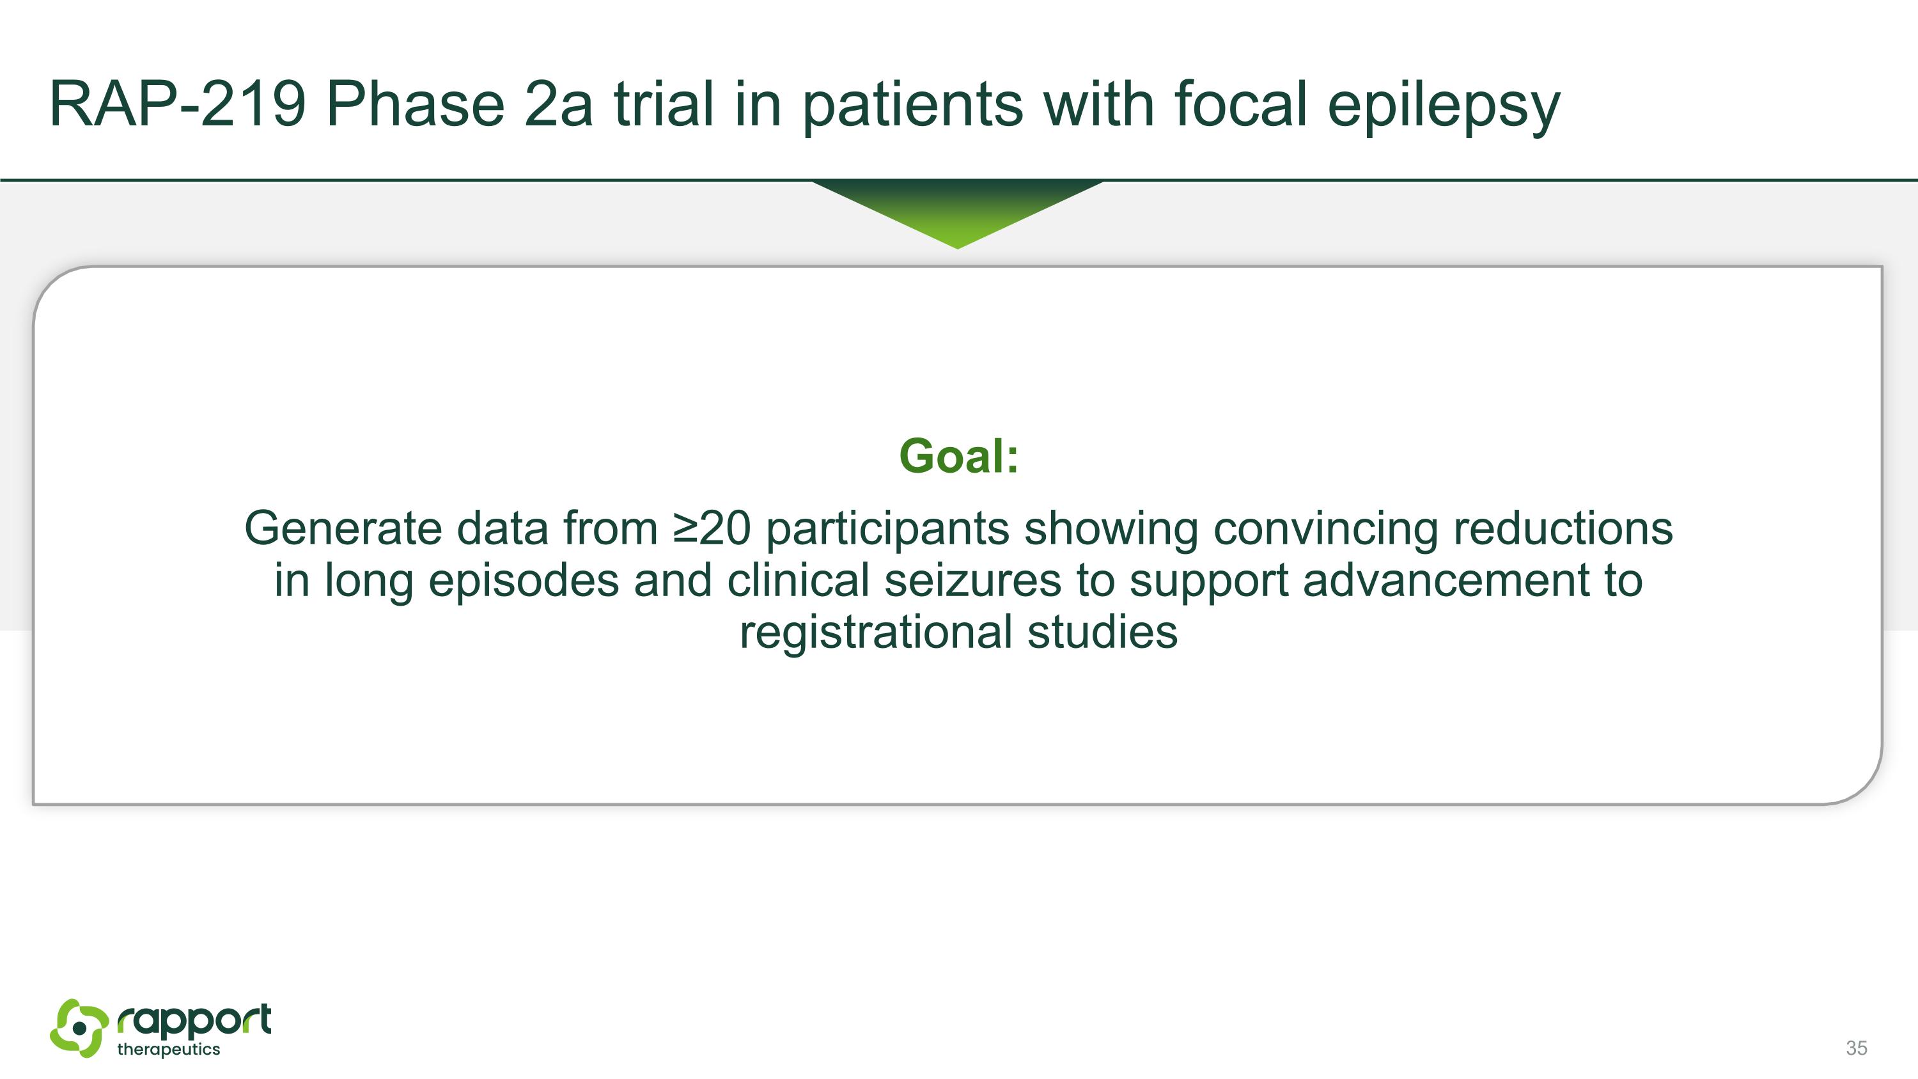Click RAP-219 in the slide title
(x=177, y=104)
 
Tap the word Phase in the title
(x=416, y=104)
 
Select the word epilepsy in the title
(x=1443, y=106)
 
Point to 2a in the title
(x=558, y=104)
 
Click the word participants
(x=887, y=530)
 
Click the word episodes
(x=524, y=580)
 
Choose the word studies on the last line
(x=1102, y=632)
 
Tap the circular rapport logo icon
(x=79, y=1028)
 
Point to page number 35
(x=1856, y=1048)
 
